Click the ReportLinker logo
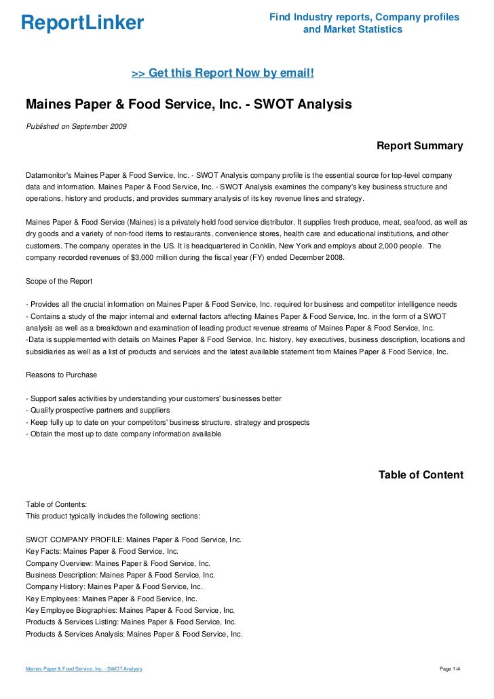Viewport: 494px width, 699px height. tap(82, 24)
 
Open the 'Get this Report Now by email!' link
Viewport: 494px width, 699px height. tap(222, 73)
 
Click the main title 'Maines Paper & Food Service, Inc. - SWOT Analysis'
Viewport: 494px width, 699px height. tap(189, 105)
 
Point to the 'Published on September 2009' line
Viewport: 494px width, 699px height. tap(75, 126)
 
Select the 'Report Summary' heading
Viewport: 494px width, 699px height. tap(419, 146)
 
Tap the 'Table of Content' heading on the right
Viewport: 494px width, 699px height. tap(421, 475)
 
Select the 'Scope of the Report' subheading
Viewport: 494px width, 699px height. tap(59, 281)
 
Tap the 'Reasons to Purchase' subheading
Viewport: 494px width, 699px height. tap(61, 375)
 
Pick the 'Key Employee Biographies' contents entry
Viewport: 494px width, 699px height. tap(130, 610)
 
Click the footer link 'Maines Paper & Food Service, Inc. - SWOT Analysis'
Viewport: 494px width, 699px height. tap(83, 669)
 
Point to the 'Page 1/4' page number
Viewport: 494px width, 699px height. tap(451, 669)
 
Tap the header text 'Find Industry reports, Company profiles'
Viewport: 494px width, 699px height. tap(364, 17)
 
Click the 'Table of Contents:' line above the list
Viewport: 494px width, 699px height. tap(56, 504)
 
